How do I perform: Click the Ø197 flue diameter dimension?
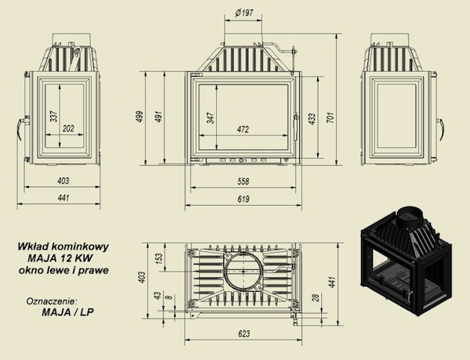coord(244,13)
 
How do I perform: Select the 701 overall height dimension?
coord(330,118)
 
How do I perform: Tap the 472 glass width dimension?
coord(243,129)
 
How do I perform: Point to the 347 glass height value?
coord(211,118)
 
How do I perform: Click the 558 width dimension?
coord(243,182)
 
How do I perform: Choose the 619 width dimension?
coord(243,199)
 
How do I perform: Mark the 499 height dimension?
coord(140,117)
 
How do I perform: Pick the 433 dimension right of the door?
coord(312,119)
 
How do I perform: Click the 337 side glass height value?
coord(53,116)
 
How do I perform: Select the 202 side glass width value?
coord(68,128)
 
